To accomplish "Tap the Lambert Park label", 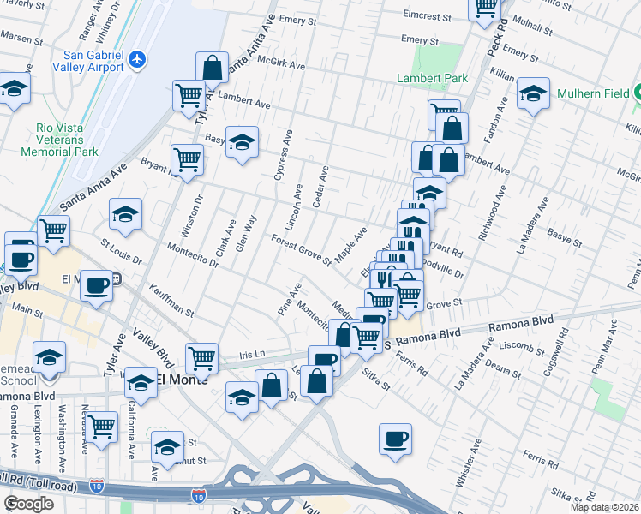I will click(x=432, y=78).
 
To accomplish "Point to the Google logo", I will click(x=28, y=504).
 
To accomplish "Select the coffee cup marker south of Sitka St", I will click(x=395, y=439).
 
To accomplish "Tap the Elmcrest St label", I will click(x=428, y=16).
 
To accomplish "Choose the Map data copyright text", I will click(x=605, y=507).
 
